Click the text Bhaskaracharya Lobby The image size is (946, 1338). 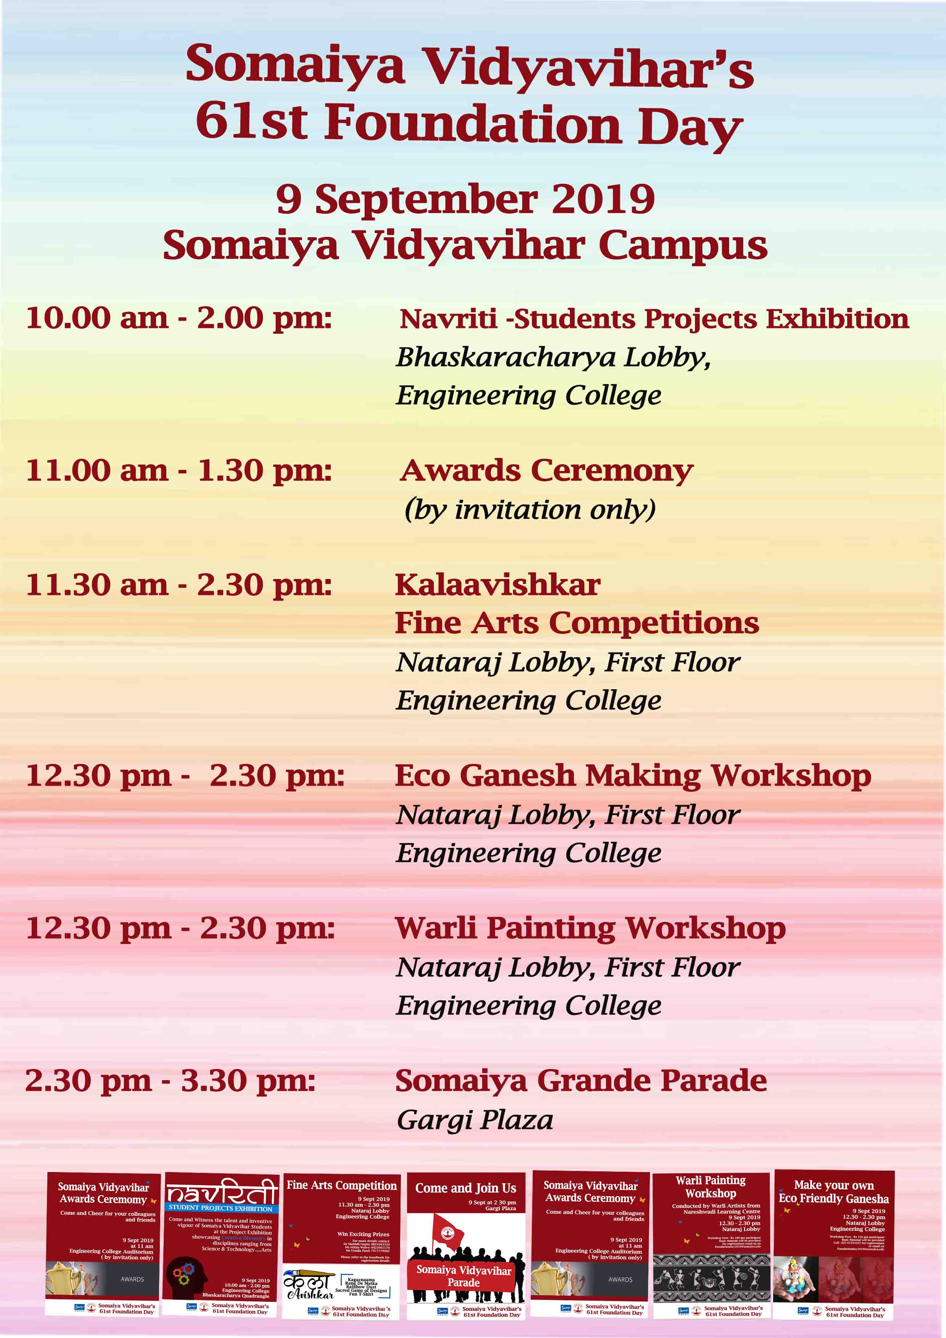tap(553, 357)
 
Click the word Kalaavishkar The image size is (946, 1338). tap(497, 584)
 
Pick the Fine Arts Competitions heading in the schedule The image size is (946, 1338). tap(576, 623)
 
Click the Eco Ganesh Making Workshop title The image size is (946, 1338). tap(632, 776)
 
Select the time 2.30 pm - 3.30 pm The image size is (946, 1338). tap(170, 1081)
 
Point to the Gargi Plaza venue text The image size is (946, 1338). tap(475, 1119)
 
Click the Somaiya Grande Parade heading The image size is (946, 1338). tap(581, 1081)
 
